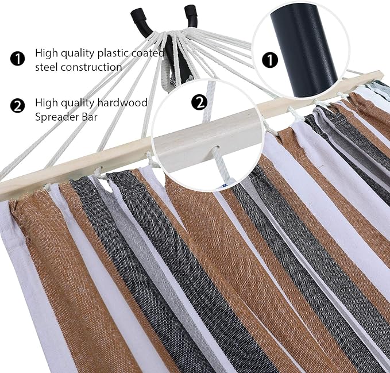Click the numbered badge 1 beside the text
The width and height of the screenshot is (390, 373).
pyautogui.click(x=18, y=59)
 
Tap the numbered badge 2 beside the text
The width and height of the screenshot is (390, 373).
pyautogui.click(x=18, y=106)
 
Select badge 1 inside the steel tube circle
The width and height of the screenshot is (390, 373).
pyautogui.click(x=270, y=60)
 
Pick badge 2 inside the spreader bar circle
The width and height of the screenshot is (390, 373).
pyautogui.click(x=199, y=102)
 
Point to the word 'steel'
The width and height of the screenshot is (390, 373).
pyautogui.click(x=46, y=67)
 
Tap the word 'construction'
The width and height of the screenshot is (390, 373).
pyautogui.click(x=91, y=67)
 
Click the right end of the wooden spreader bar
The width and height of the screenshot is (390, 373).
pyautogui.click(x=382, y=74)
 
